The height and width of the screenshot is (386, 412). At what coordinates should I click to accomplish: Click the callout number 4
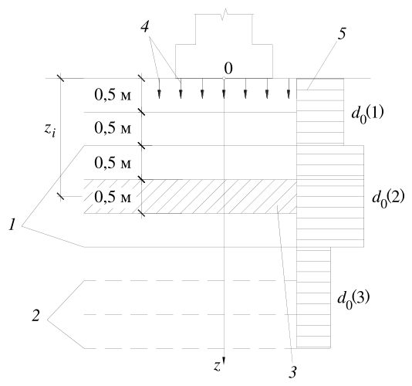click(x=145, y=26)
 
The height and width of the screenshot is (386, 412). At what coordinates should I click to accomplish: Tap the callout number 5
click(x=342, y=34)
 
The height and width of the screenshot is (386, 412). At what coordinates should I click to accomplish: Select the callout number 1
click(x=12, y=225)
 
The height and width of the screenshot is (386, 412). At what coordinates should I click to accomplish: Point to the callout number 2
click(x=35, y=315)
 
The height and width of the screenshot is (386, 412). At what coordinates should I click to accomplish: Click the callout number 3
click(x=293, y=372)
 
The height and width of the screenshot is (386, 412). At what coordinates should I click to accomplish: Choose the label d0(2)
click(x=388, y=198)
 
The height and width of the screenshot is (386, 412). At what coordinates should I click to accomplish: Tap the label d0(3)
click(x=353, y=300)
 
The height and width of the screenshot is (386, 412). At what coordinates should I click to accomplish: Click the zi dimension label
click(x=50, y=130)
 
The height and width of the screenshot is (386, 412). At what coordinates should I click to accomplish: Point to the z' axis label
click(x=218, y=366)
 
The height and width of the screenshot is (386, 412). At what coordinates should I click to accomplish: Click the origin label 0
click(x=228, y=69)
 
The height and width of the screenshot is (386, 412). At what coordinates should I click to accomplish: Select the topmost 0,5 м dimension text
click(x=113, y=95)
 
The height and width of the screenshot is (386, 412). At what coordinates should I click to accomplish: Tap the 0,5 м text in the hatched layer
click(x=113, y=197)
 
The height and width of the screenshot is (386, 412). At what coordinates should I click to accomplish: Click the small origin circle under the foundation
click(x=224, y=78)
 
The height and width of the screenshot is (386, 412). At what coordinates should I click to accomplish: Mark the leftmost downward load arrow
click(x=159, y=89)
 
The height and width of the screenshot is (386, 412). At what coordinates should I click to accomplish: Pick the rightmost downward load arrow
click(x=289, y=89)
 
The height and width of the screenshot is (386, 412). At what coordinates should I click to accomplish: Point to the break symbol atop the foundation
click(x=224, y=15)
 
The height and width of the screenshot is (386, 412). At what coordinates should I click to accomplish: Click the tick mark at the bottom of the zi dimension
click(x=61, y=196)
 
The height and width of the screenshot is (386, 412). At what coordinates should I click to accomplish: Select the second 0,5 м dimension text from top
click(x=113, y=129)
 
